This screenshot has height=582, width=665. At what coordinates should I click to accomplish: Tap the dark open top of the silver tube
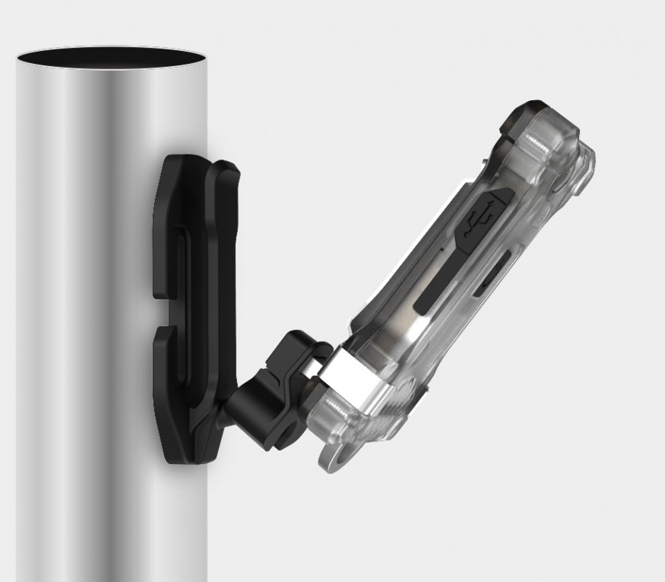click(111, 58)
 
